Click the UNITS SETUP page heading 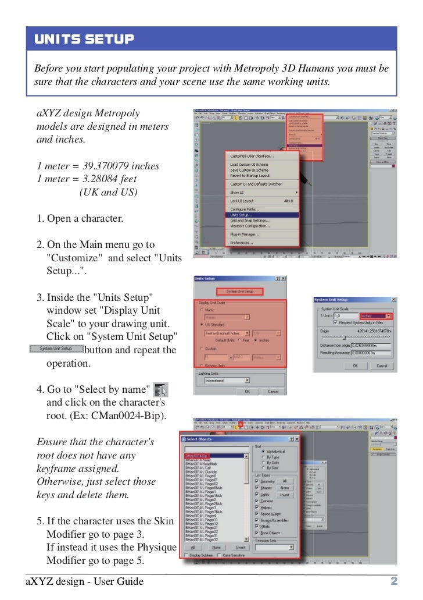84,40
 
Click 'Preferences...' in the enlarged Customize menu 241,242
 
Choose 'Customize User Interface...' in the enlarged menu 252,156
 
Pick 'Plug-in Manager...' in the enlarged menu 245,233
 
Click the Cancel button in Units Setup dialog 273,392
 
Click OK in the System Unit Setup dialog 356,366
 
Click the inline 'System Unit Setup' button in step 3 56,349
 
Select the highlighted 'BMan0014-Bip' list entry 197,456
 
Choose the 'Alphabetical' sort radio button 262,451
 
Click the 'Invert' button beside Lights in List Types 284,495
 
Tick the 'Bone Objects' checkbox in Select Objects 257,533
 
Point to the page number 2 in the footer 393,581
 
